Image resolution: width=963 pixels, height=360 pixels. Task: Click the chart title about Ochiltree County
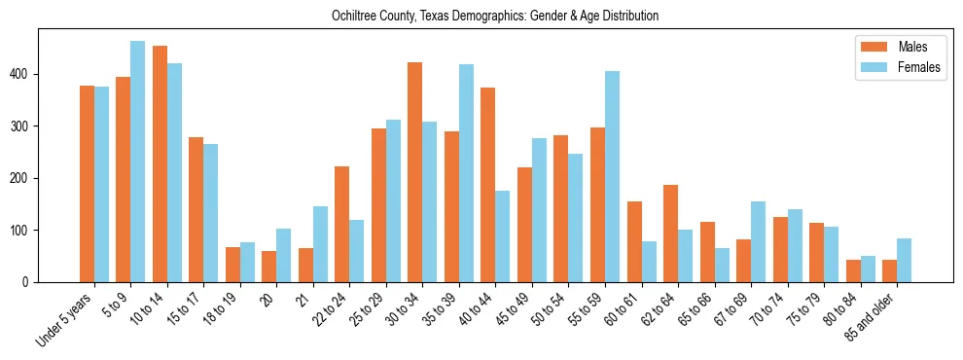pyautogui.click(x=481, y=17)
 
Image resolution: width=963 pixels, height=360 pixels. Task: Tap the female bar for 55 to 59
pyautogui.click(x=612, y=176)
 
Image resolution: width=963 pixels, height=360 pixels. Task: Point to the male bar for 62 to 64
pyautogui.click(x=670, y=234)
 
